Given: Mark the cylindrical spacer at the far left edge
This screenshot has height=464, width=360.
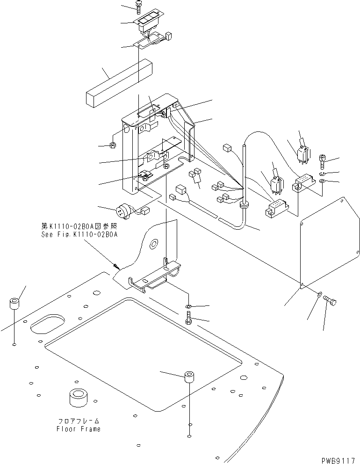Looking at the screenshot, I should click(14, 304).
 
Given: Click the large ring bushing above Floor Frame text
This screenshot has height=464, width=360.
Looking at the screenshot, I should click(79, 398).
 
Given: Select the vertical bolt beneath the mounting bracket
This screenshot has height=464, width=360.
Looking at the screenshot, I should click(188, 321).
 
